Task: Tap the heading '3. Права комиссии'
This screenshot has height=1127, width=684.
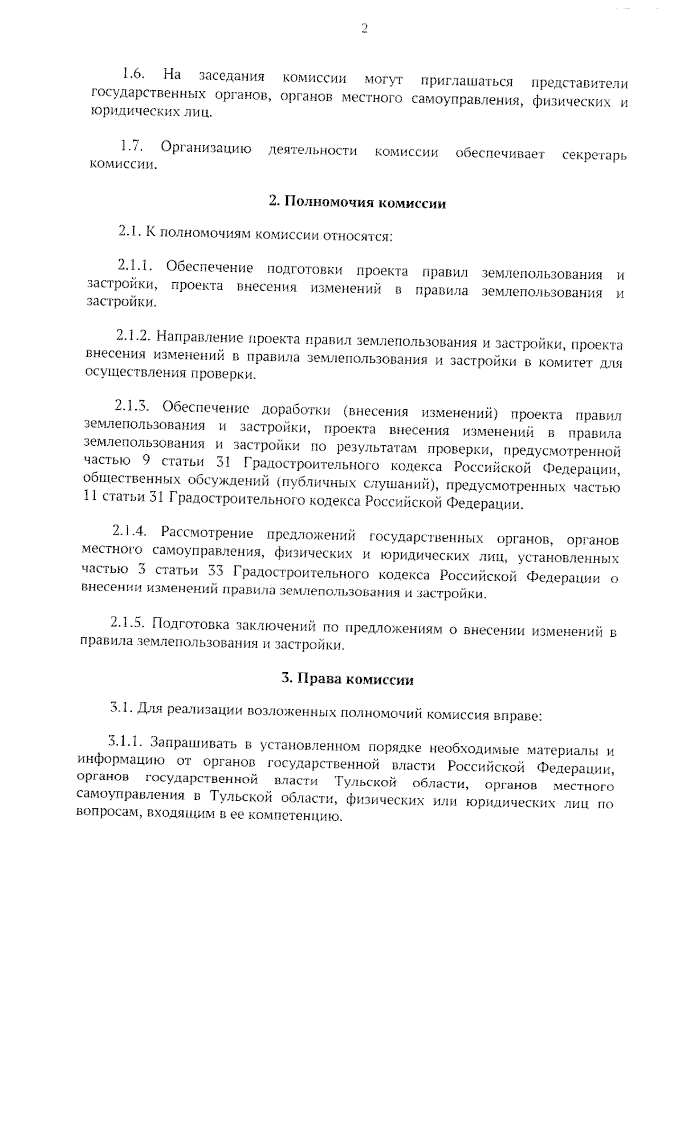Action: [347, 680]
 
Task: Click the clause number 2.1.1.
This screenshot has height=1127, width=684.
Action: [135, 266]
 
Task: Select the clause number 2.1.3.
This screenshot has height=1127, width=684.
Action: [132, 406]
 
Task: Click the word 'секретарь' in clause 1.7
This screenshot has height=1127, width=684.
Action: [594, 155]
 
